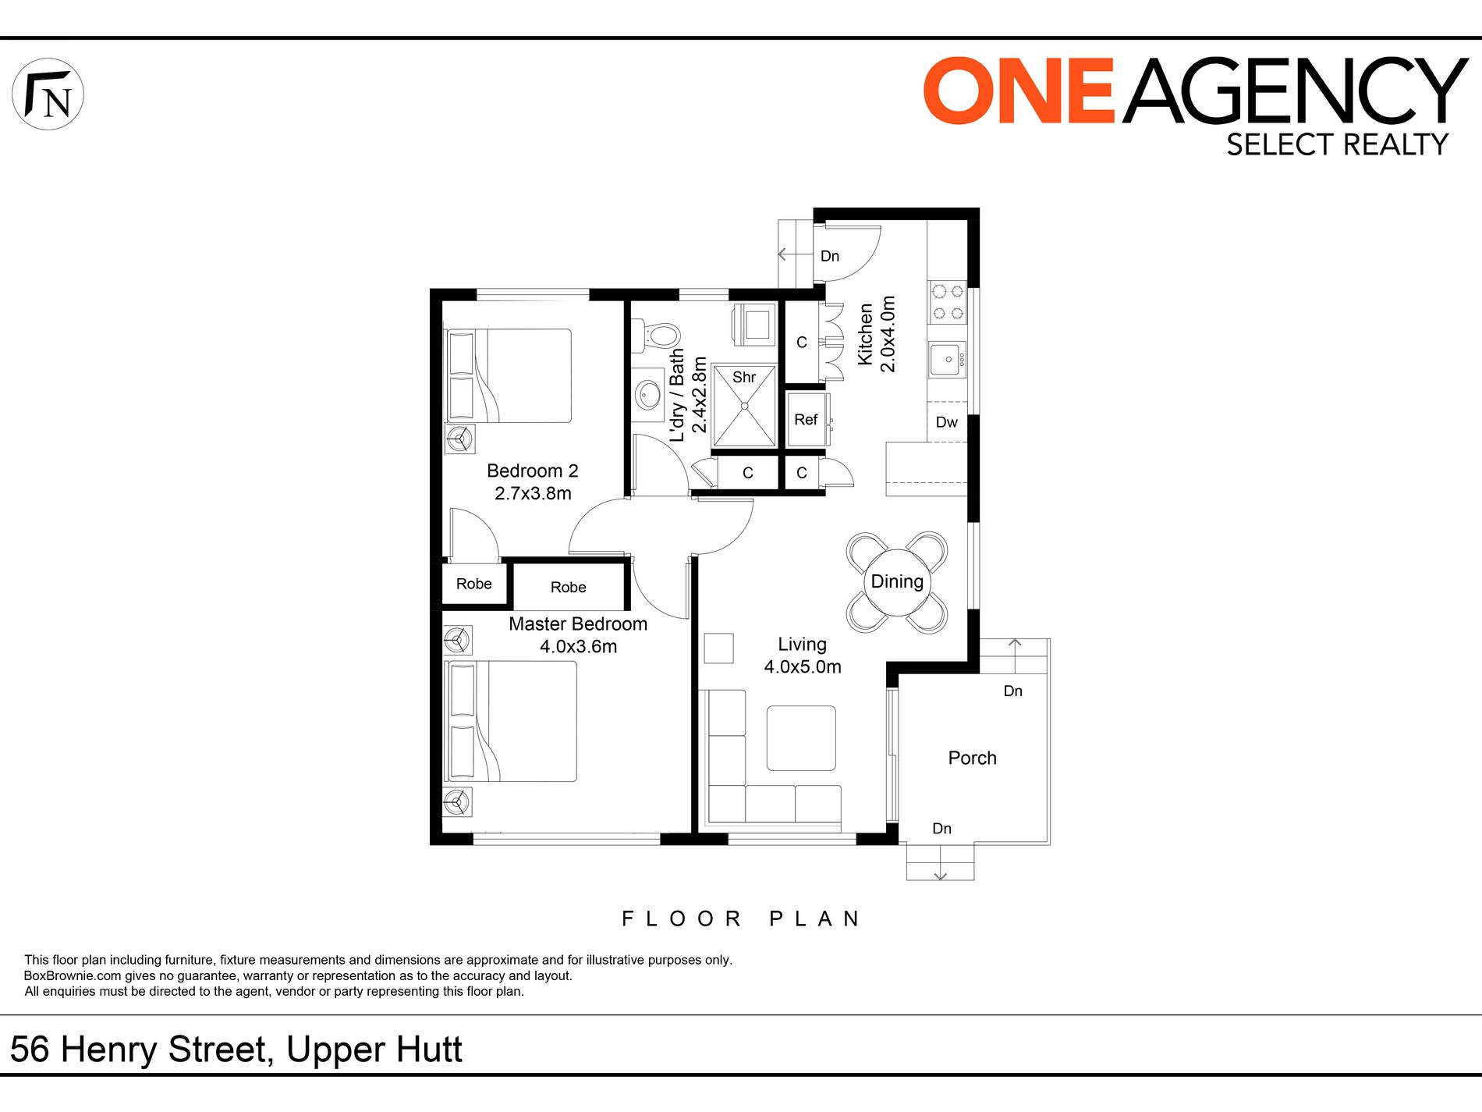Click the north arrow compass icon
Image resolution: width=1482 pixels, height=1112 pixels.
coord(48,94)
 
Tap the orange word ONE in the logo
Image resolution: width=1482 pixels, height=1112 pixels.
coord(1019,91)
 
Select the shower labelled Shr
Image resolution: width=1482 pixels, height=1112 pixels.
coord(744,406)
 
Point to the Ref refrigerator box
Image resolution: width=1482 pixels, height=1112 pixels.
coord(807,419)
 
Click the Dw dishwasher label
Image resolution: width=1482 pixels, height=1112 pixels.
coord(946,422)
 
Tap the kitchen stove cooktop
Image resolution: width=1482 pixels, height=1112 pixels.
coord(948,303)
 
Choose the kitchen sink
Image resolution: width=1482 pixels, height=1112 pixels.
coord(948,360)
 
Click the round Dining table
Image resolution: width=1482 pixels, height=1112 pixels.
coord(897,582)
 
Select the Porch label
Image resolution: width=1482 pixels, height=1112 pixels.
coord(972,758)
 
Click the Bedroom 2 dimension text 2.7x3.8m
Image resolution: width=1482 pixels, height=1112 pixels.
coord(533,493)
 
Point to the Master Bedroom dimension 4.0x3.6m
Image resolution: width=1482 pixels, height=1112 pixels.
coord(578,646)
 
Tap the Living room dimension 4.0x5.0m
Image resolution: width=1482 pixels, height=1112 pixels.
coord(803,666)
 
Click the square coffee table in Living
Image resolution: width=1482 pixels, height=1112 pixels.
coord(801,738)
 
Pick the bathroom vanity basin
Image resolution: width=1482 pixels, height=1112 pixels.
coord(647,395)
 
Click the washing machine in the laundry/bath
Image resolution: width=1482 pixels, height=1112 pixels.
coord(754,325)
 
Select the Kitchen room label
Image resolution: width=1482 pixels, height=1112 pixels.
coord(866,334)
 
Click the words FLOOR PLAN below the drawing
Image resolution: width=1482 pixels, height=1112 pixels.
coord(741,918)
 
